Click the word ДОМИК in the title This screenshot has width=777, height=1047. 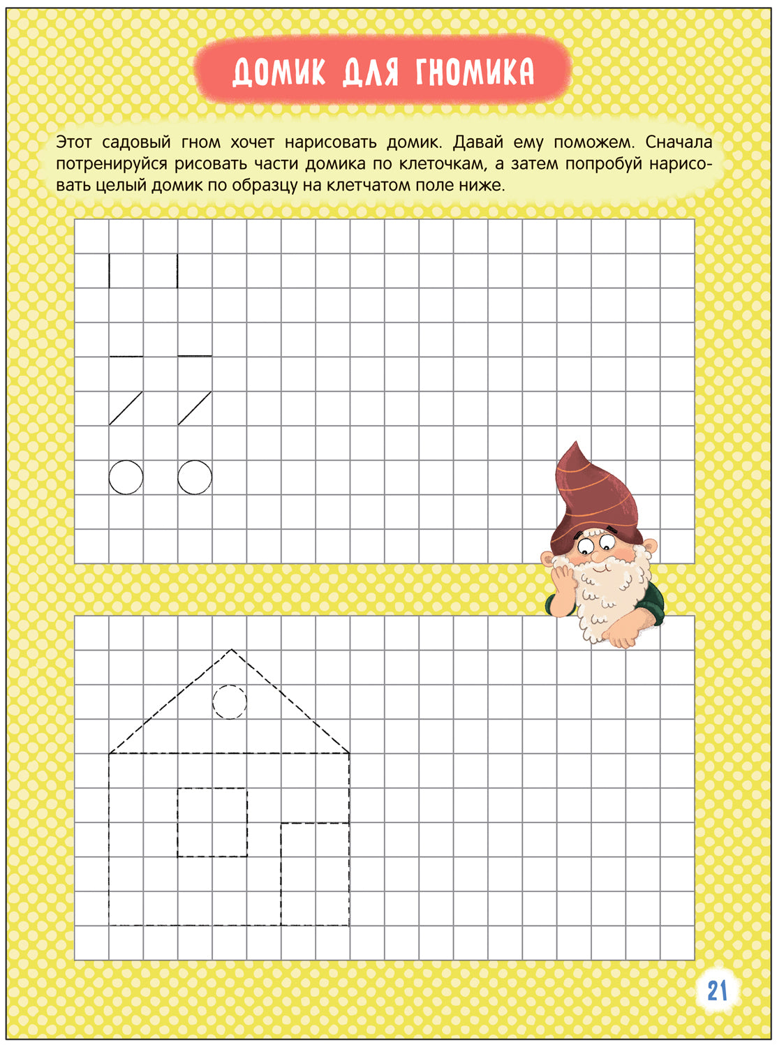[x=279, y=72]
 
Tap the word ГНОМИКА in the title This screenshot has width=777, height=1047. [x=475, y=72]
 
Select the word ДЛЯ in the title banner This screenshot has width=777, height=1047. [x=370, y=72]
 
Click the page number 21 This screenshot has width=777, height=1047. [x=717, y=990]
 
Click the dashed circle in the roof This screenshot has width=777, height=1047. [x=229, y=701]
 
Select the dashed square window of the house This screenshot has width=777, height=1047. [x=212, y=822]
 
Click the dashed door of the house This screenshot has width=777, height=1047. [x=315, y=874]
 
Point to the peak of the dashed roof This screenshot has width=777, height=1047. [x=232, y=651]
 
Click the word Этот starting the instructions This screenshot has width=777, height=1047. [x=74, y=142]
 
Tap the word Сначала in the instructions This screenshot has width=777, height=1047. [x=679, y=142]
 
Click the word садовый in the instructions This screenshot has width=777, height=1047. [x=136, y=142]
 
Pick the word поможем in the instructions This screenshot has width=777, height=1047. [x=593, y=142]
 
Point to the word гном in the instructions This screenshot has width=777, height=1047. [x=200, y=142]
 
